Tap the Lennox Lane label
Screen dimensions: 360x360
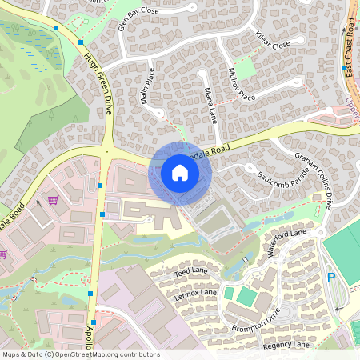[x=195, y=294]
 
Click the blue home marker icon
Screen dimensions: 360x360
[x=180, y=173]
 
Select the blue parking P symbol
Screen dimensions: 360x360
[x=331, y=278]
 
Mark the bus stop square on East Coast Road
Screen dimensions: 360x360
[x=344, y=69]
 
